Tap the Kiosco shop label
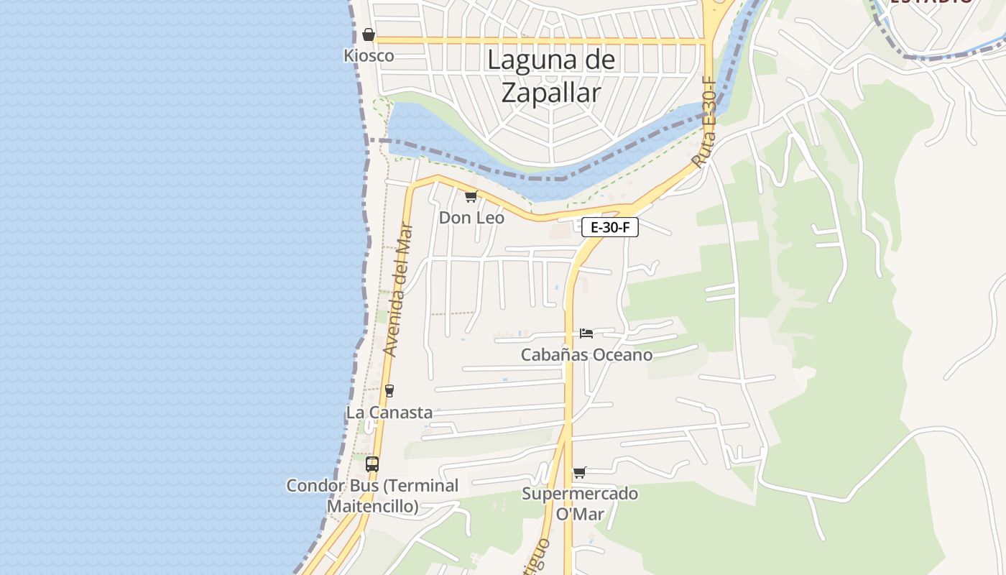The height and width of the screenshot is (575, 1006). click(369, 55)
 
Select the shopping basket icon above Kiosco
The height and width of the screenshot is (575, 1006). click(369, 34)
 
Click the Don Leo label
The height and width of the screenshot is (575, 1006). click(471, 217)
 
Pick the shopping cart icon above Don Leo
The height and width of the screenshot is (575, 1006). click(471, 196)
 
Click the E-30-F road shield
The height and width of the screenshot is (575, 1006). click(609, 228)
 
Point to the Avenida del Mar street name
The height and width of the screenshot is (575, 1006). click(400, 290)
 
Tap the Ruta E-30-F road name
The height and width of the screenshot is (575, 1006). click(706, 123)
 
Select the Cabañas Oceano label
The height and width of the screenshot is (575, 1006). click(586, 354)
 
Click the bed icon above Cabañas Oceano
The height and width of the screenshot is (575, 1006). click(586, 333)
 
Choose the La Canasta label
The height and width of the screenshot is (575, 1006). click(389, 413)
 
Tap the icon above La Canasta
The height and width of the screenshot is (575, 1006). click(389, 391)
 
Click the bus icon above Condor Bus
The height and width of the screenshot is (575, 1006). click(372, 464)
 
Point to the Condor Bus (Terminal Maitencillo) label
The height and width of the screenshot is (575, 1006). click(372, 495)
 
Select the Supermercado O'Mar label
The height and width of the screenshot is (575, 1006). click(579, 504)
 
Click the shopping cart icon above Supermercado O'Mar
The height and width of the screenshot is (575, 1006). click(579, 473)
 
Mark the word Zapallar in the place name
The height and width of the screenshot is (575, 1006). click(551, 93)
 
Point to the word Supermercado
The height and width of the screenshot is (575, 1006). click(579, 494)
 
